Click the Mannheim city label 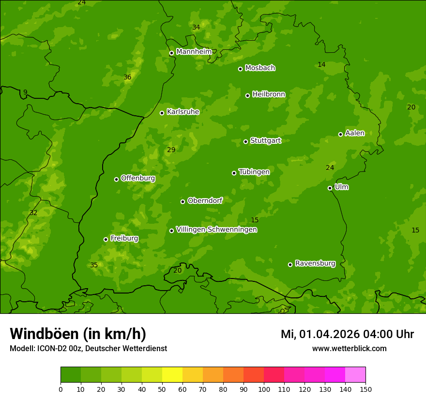point(194,52)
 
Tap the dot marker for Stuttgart point(245,141)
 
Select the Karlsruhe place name point(183,112)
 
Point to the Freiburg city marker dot point(106,239)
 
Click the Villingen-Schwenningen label point(216,230)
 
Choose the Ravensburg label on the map point(315,263)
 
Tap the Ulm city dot point(330,188)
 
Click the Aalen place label point(354,133)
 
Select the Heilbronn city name point(269,94)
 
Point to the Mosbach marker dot point(240,69)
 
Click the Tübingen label point(254,172)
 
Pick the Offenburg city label point(138,178)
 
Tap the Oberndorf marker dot point(183,201)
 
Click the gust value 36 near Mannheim point(127,77)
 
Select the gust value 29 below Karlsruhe point(171,150)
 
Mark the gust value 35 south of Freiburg point(94,265)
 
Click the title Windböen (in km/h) point(78,334)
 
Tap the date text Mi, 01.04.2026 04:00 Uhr point(347,334)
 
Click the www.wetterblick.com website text point(349,349)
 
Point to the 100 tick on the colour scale point(264,388)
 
